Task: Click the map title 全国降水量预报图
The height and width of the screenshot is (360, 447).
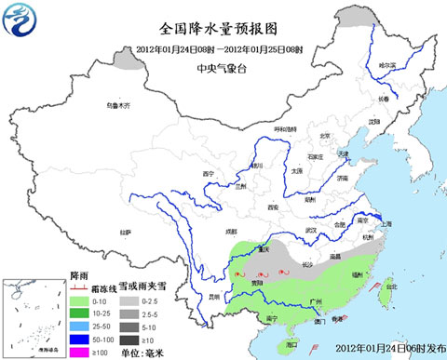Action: pyautogui.click(x=220, y=28)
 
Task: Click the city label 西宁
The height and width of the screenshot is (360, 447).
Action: pyautogui.click(x=210, y=174)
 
